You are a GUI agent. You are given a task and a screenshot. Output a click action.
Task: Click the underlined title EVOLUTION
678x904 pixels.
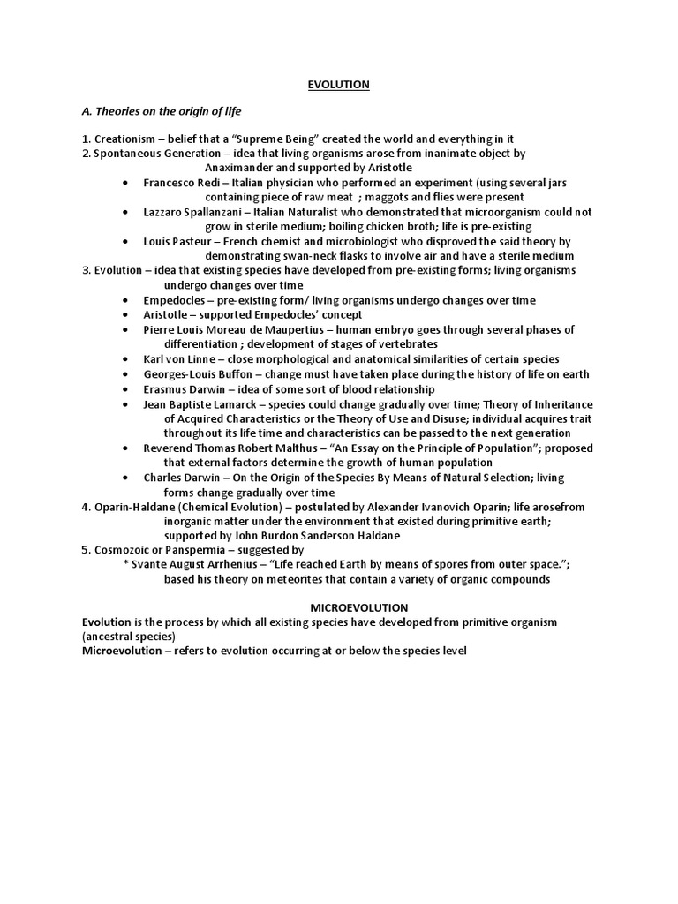click(338, 85)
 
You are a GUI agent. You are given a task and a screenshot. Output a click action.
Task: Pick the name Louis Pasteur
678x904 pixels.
click(180, 241)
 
